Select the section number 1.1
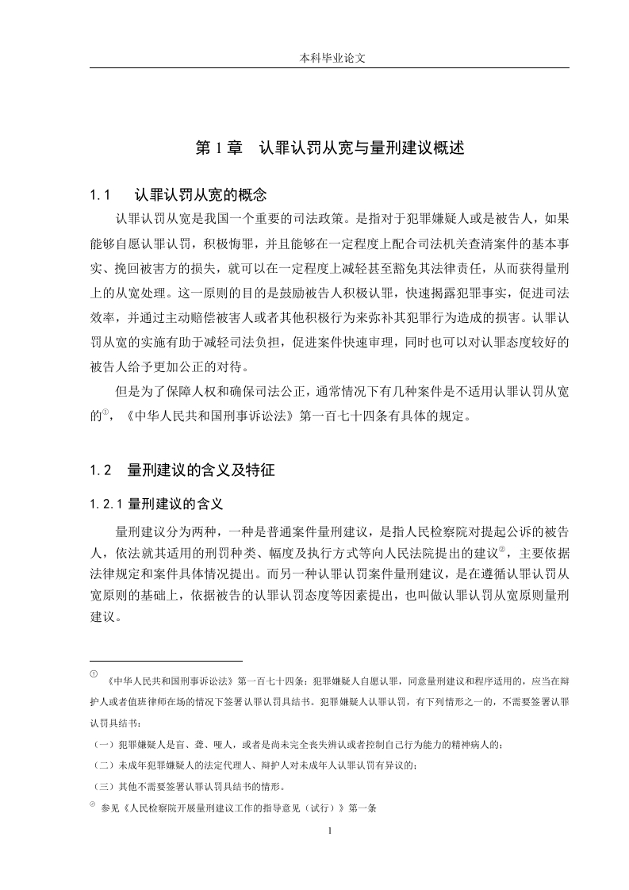[99, 194]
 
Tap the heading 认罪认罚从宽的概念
[201, 194]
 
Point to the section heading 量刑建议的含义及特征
[201, 470]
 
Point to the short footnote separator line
[166, 660]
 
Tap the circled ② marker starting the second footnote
[94, 805]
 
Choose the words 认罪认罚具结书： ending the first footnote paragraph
[119, 723]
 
